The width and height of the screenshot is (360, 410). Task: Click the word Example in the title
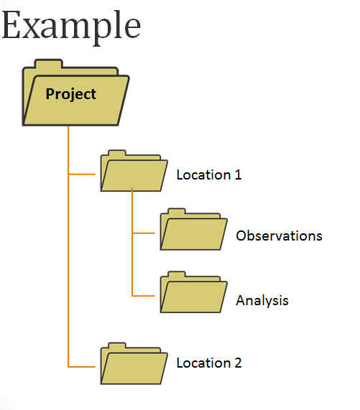tap(70, 25)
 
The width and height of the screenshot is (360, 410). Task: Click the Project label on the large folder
tap(70, 93)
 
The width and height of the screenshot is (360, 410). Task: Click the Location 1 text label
tap(209, 174)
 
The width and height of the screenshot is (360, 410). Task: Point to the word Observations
tap(279, 236)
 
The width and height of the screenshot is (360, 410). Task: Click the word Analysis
tap(262, 300)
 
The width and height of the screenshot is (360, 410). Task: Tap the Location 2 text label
tap(209, 363)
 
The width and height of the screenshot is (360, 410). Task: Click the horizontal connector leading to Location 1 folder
tap(83, 174)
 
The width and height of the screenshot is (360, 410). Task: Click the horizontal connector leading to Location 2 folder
tap(83, 367)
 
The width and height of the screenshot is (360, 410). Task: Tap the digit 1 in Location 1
tap(237, 174)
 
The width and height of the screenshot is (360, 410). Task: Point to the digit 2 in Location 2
tap(238, 363)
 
